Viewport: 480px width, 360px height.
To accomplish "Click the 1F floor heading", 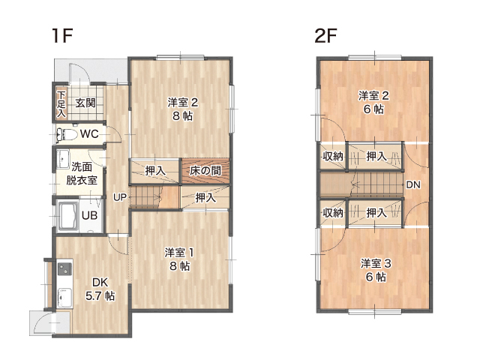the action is point(62,36).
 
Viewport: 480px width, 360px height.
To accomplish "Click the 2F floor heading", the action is point(325,36).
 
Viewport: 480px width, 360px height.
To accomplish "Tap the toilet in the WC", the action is point(67,134).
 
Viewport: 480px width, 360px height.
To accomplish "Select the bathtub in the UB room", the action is point(67,216).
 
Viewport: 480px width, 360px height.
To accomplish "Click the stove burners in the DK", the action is point(65,268).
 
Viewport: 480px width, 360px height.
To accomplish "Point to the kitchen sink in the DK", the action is point(64,298).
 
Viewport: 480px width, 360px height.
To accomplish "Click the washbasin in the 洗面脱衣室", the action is point(63,160).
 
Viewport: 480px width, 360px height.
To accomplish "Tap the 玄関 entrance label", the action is point(85,103).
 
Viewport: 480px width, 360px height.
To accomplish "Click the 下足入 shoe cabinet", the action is point(61,103).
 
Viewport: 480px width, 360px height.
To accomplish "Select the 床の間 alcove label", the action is point(205,171).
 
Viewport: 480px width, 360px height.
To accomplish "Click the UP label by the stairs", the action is point(120,197).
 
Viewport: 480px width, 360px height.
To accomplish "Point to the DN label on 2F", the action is point(413,184).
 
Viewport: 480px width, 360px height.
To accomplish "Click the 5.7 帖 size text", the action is point(100,296).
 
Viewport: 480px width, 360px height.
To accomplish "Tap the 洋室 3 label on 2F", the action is point(376,263).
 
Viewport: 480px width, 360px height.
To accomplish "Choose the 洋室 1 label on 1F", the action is point(179,253).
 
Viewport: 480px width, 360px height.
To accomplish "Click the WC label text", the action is point(89,134).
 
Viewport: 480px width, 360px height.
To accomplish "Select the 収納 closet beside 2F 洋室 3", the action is point(333,212).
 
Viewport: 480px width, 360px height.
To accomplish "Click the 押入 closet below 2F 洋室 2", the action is point(375,156).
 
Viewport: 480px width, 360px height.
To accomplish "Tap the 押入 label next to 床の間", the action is point(155,171).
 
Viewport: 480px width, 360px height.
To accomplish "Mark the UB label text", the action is point(89,215).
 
